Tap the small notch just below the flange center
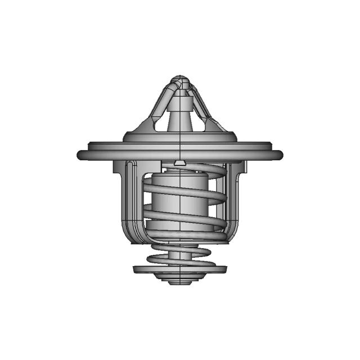pos(179,164)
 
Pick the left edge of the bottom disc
pos(137,269)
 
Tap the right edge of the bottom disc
pos(223,269)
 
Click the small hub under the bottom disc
pos(179,280)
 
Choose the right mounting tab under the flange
pos(238,168)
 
